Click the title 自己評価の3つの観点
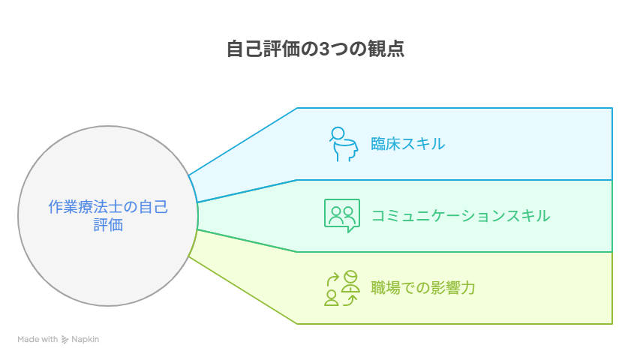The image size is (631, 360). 315,49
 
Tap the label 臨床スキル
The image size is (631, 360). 407,144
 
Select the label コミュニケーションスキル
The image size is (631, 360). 461,216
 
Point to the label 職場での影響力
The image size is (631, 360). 423,288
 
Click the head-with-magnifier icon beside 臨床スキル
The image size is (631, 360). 342,144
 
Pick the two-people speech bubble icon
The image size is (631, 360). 342,215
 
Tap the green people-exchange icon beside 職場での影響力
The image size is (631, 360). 342,288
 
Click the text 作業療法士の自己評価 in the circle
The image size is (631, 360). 108,216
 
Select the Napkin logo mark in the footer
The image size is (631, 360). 65,340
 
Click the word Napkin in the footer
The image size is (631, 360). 86,340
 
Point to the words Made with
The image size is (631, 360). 38,340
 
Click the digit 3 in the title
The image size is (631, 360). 323,49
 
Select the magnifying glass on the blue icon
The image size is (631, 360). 337,134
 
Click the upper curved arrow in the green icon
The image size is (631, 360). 332,279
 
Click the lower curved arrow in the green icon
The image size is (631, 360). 350,299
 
